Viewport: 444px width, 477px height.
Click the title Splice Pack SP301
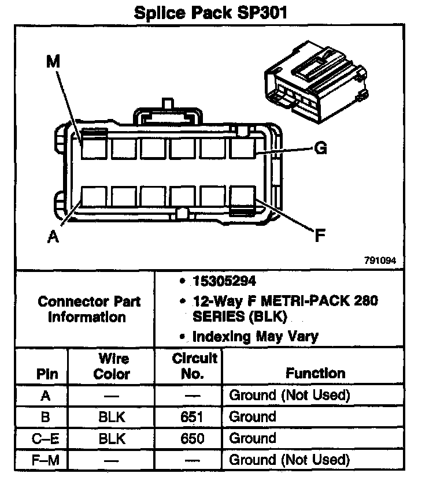point(210,13)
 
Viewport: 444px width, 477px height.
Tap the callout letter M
point(53,61)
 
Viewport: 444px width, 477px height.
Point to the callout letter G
point(320,148)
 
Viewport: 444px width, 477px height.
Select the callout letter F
point(320,235)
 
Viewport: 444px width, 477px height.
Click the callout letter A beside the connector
point(53,236)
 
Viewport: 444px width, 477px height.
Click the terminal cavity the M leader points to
point(94,148)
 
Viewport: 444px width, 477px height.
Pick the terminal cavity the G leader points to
point(242,148)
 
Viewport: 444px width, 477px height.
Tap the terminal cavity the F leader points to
point(242,197)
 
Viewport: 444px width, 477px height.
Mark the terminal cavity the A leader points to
point(94,197)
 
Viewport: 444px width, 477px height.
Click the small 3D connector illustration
point(316,82)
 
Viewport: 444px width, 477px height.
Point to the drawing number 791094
point(380,260)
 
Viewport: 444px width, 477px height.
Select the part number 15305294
point(224,281)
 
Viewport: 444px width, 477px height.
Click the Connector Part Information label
point(88,309)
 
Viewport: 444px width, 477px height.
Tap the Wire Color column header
point(112,366)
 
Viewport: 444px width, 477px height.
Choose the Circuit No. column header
point(194,366)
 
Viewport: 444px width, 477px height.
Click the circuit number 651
point(191,417)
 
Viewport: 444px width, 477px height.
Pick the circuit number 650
point(192,438)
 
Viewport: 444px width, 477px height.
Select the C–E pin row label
point(45,439)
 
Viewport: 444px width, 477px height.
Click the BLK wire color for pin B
point(112,417)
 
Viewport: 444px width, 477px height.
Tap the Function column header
point(316,373)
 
